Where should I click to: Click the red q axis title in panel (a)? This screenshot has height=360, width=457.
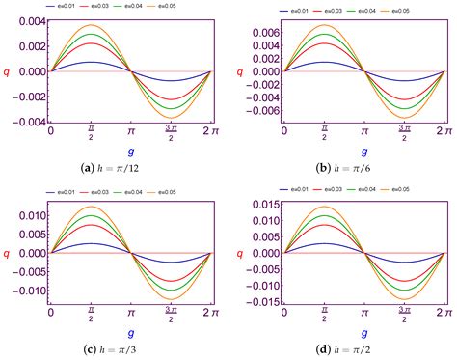9,70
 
